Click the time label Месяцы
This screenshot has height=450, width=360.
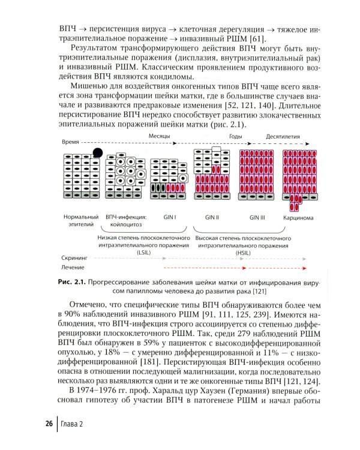point(159,137)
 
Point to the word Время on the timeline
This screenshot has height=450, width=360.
point(73,143)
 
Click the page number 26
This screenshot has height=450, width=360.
point(48,424)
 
